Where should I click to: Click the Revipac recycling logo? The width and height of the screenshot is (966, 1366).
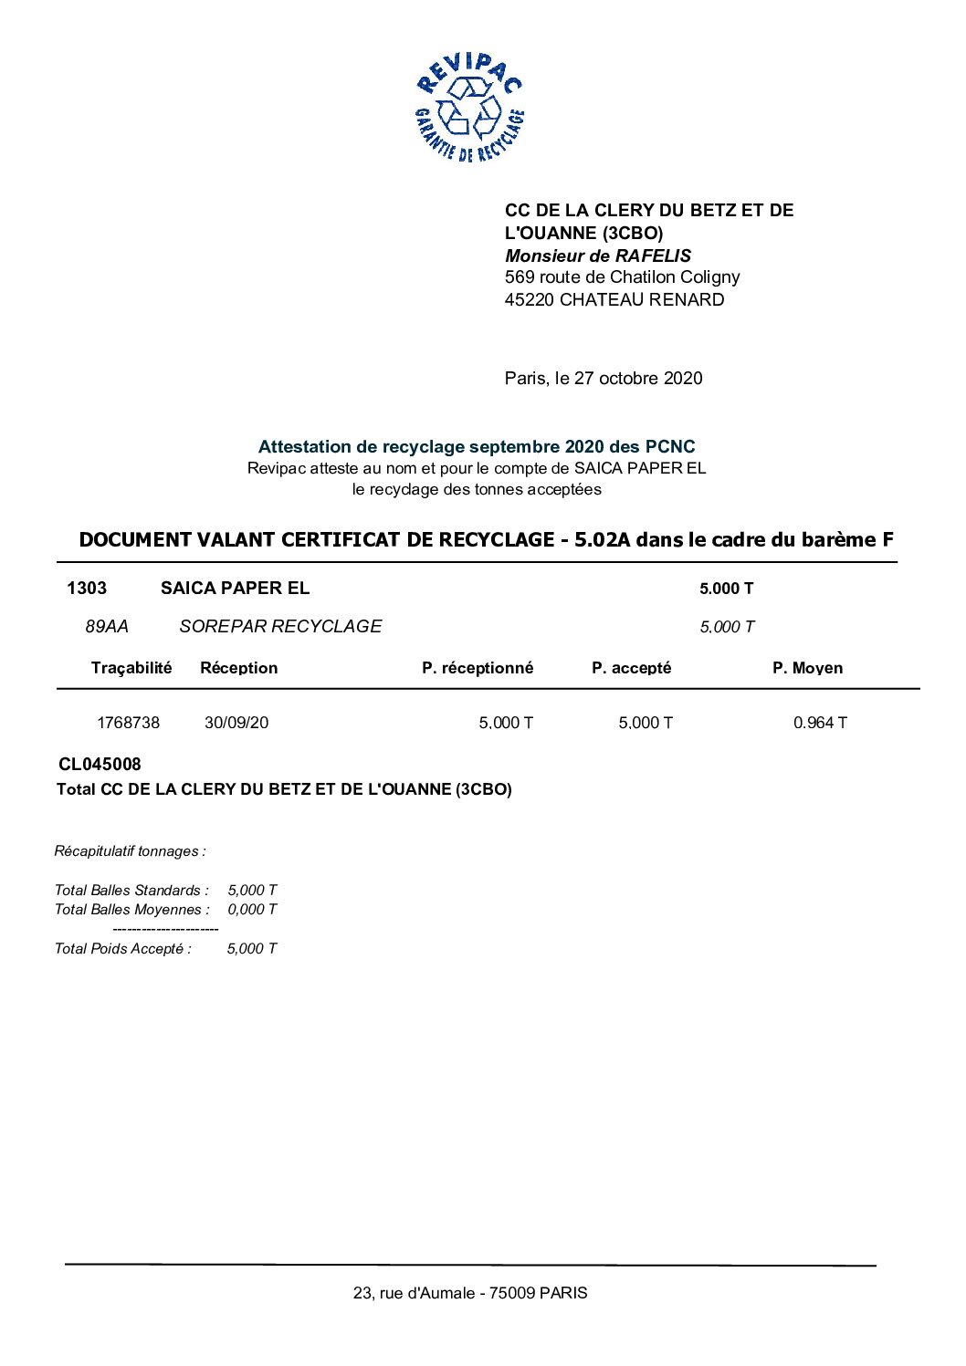[x=469, y=108]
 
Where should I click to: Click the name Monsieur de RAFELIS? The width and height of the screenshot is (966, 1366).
[x=598, y=255]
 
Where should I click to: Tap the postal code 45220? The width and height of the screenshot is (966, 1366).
[x=530, y=300]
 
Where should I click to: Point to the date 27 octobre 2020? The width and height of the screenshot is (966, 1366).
[x=638, y=379]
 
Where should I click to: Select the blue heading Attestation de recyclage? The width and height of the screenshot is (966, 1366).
[x=476, y=447]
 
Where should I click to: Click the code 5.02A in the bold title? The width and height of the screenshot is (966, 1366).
[x=602, y=540]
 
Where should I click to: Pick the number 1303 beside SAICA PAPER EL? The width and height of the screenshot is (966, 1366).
[x=87, y=589]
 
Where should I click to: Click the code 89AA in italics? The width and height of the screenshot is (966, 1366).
[x=107, y=627]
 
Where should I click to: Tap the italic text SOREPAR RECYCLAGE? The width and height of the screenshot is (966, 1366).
[x=280, y=627]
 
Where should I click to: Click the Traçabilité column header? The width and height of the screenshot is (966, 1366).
[x=131, y=668]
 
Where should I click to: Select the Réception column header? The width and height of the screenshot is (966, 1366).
[x=238, y=668]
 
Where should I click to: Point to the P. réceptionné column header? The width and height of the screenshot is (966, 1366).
[x=478, y=668]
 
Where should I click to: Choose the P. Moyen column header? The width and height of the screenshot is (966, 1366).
[x=807, y=668]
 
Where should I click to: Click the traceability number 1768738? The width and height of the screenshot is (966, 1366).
[x=129, y=723]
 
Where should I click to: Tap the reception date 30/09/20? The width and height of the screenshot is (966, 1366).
[x=236, y=723]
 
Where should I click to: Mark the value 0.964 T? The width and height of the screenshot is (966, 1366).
[x=820, y=723]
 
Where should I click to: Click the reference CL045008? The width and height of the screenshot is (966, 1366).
[x=100, y=765]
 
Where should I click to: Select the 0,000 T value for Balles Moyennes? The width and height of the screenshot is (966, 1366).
[x=252, y=910]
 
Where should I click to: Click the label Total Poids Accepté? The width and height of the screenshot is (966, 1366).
[x=123, y=949]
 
